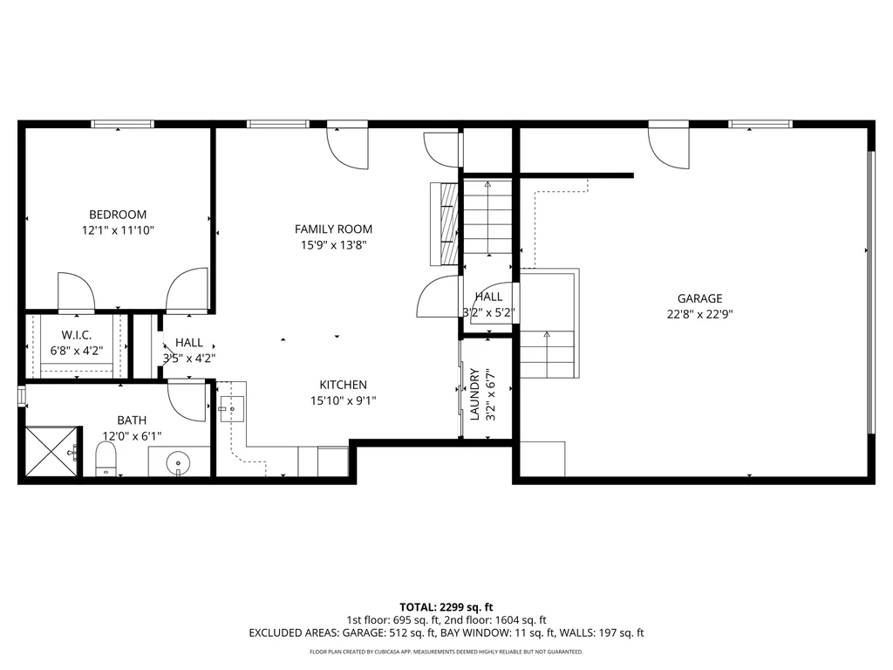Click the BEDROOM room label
click(118, 215)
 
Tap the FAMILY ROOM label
click(333, 229)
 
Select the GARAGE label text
click(699, 298)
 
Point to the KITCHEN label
click(343, 385)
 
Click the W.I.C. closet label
click(77, 335)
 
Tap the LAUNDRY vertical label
click(474, 394)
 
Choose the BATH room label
click(132, 420)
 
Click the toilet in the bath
click(106, 459)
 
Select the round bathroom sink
click(179, 461)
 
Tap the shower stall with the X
click(51, 451)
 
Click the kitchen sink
click(232, 408)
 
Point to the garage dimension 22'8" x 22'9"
click(699, 314)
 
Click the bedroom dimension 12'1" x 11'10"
click(118, 230)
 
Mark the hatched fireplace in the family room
click(444, 224)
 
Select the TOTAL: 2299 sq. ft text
click(446, 607)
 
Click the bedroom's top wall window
click(122, 124)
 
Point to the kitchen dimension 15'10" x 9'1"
click(343, 400)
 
